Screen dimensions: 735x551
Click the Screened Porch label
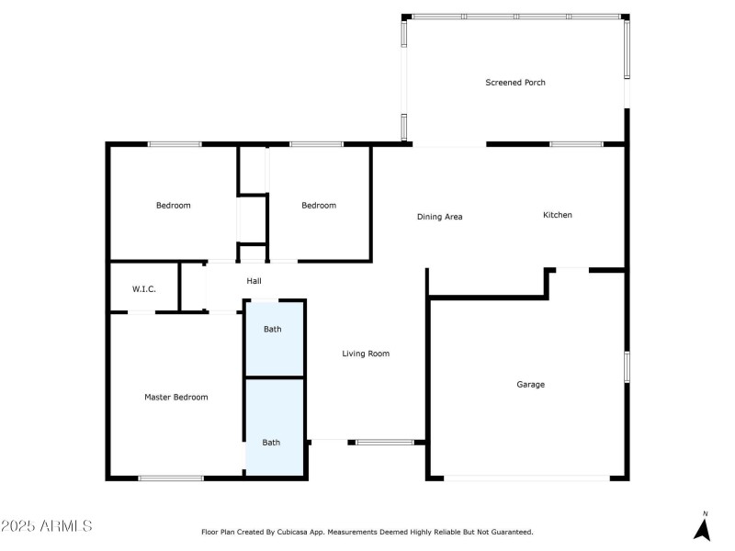tap(515, 83)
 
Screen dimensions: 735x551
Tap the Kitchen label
tap(558, 215)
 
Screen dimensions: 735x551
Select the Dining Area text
tap(440, 217)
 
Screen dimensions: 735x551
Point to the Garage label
tap(531, 385)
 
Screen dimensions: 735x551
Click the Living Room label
tap(366, 354)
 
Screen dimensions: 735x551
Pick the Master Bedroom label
tap(176, 398)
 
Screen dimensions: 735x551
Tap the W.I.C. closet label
tap(144, 289)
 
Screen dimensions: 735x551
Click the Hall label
tap(254, 281)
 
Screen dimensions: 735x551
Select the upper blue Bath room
tap(275, 339)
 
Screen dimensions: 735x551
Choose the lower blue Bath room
tap(275, 427)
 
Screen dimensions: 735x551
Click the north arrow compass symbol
tap(702, 526)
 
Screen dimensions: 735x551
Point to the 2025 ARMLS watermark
tap(47, 525)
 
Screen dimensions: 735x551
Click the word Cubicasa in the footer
tap(293, 533)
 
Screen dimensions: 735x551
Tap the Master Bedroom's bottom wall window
tap(171, 478)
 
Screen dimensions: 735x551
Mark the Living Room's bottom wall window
tap(385, 443)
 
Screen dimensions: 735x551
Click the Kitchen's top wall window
tap(577, 144)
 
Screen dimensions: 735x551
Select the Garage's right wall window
tap(627, 366)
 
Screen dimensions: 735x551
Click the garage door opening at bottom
tap(526, 478)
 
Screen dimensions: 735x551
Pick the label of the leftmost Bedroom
tap(174, 206)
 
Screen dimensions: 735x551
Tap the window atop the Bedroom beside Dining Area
tap(316, 144)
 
